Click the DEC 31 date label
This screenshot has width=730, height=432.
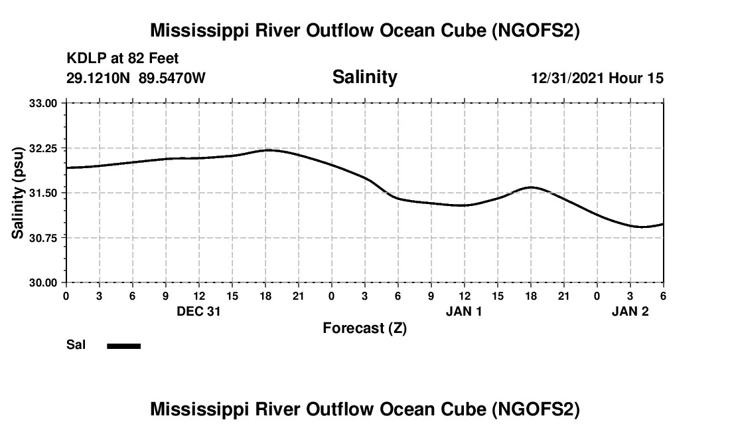[x=198, y=311]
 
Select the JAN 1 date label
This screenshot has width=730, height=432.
[x=464, y=311]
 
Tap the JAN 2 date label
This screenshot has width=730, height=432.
[x=630, y=311]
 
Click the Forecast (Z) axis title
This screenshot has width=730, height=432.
[x=364, y=328]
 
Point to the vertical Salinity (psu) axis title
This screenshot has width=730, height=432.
[x=18, y=193]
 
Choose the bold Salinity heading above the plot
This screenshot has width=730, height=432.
[x=364, y=77]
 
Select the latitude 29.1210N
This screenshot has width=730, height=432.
[x=100, y=78]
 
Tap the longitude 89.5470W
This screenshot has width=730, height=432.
[x=173, y=78]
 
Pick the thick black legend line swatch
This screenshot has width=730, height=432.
[x=124, y=346]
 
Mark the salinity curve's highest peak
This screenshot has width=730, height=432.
[x=268, y=150]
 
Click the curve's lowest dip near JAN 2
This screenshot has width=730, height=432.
[x=641, y=227]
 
